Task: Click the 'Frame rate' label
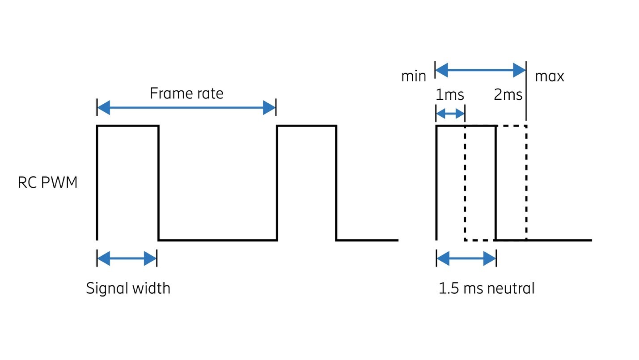click(x=186, y=93)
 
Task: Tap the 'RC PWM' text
click(x=47, y=183)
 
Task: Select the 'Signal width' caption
click(x=128, y=288)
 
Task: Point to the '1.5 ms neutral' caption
click(x=486, y=288)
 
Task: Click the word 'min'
click(x=413, y=76)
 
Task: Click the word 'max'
click(x=549, y=76)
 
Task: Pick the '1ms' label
click(x=449, y=95)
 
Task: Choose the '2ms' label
click(x=508, y=95)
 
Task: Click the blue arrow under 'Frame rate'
click(x=186, y=108)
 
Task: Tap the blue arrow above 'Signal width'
click(x=127, y=258)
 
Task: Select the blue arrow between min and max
click(x=480, y=70)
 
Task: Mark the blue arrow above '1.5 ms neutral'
click(x=466, y=258)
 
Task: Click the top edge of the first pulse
click(x=127, y=126)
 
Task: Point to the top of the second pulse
click(x=306, y=126)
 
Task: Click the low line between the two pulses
click(x=218, y=240)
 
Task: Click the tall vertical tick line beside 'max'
click(x=526, y=89)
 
